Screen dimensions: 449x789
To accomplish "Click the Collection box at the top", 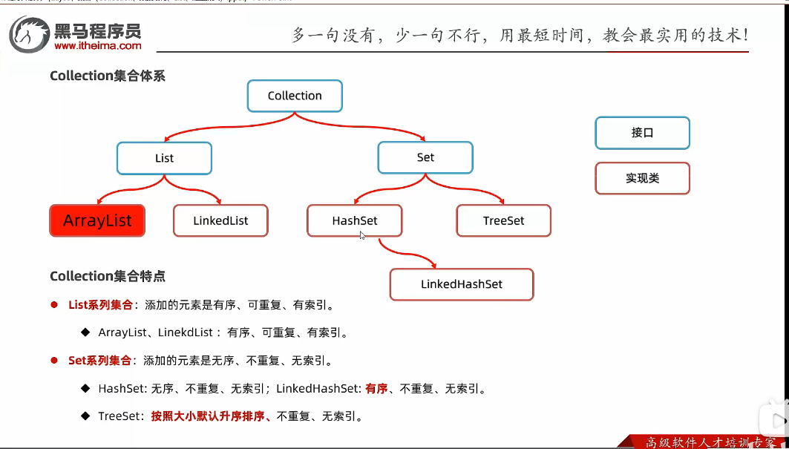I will click(x=295, y=96).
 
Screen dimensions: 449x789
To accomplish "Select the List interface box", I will click(x=164, y=158).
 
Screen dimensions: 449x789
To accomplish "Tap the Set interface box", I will click(x=425, y=157).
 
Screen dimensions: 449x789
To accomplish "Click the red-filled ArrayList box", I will click(x=97, y=220).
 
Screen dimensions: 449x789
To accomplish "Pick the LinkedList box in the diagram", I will click(x=220, y=220).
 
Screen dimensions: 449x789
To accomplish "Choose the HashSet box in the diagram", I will click(x=355, y=220).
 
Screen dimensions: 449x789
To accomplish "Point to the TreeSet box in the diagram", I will click(x=503, y=220).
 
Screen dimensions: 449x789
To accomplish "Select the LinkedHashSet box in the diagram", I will click(x=462, y=284).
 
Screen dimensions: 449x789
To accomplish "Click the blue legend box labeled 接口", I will click(x=642, y=133).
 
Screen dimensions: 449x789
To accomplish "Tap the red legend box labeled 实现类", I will click(x=642, y=178).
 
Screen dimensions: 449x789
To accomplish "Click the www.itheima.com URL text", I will click(x=98, y=46).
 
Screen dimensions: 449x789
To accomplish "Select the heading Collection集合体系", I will click(x=108, y=76).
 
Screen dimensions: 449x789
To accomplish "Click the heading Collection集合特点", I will click(x=108, y=276).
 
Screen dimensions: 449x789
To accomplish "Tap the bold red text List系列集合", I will click(x=100, y=304).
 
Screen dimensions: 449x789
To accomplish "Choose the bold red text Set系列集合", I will click(x=100, y=361).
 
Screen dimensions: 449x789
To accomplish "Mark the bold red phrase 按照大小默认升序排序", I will click(x=209, y=416).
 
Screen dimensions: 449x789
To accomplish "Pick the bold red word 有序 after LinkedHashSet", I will click(x=376, y=388).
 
